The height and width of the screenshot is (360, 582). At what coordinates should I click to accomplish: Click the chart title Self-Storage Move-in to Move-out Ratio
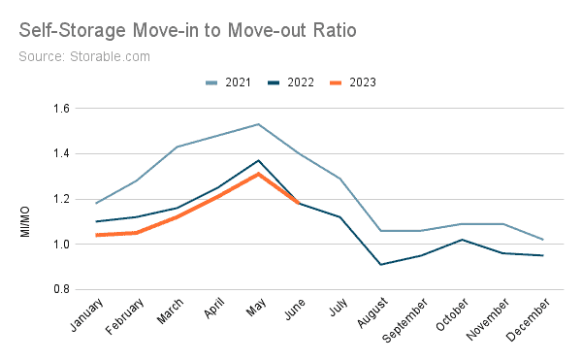click(x=187, y=31)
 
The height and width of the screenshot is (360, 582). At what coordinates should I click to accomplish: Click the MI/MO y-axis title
click(x=25, y=199)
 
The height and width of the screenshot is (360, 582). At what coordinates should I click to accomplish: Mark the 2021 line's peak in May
click(x=258, y=124)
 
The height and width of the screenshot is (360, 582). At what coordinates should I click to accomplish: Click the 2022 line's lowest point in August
click(x=382, y=264)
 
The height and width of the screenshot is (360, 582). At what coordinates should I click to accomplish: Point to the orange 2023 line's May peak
click(x=258, y=174)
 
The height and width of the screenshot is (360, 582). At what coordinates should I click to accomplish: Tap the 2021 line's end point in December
click(x=543, y=240)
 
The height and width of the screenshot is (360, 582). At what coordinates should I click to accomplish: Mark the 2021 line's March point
click(x=177, y=147)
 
